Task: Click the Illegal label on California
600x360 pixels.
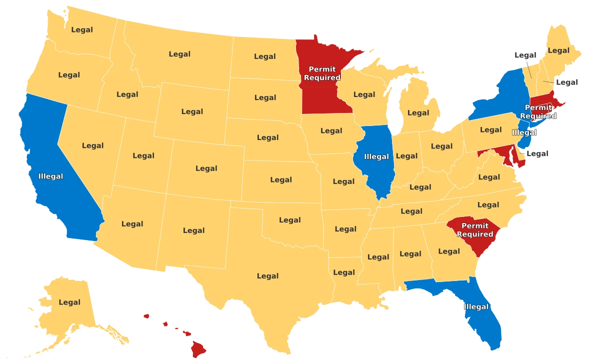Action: coord(50,176)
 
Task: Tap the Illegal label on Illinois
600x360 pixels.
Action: coord(376,156)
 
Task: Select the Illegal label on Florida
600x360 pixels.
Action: coord(476,306)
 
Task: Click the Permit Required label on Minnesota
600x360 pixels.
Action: coord(322,73)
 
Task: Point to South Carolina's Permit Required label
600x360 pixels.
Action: coord(474,230)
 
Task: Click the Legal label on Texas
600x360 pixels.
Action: coord(267,276)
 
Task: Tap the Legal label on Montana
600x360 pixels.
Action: coord(179,54)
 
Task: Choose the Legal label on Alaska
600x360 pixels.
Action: coord(69,302)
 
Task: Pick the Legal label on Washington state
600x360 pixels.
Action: coord(82,29)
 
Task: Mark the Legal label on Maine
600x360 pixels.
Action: coord(558,50)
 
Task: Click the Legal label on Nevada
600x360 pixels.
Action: coord(93,145)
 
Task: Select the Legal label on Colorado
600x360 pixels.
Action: coord(206,168)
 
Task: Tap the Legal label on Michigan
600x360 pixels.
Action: coord(418,112)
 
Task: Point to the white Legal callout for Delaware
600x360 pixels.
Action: coord(537,153)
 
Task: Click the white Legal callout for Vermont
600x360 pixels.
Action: coord(525,55)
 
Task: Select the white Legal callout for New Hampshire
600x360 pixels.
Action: coord(567,82)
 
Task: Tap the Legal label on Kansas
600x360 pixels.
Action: coord(281,180)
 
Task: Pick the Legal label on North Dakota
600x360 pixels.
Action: coord(265,56)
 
